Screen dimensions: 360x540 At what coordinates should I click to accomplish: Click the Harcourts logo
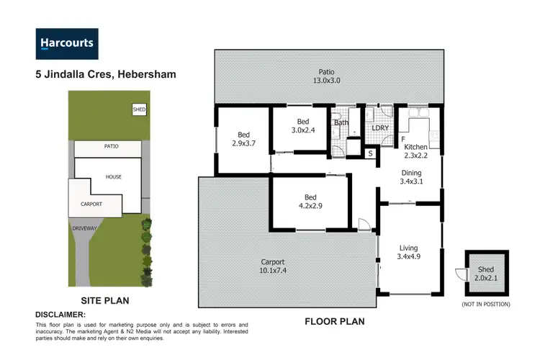(66, 43)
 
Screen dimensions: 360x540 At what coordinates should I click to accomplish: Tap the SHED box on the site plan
(139, 109)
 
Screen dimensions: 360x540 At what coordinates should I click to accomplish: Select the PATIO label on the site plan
(111, 146)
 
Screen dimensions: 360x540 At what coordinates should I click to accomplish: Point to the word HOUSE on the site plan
(113, 176)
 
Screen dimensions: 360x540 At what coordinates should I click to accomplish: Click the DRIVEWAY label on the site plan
(84, 228)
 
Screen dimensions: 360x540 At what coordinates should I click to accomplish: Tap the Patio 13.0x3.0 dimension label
(330, 76)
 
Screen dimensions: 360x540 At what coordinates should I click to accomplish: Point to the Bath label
(341, 122)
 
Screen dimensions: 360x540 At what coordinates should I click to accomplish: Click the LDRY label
(379, 128)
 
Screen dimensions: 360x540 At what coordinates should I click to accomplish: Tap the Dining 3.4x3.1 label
(411, 177)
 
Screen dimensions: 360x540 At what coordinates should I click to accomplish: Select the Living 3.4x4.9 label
(410, 253)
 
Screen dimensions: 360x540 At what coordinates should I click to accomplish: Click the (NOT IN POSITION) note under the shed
(486, 305)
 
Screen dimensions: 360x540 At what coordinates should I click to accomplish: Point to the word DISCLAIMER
(60, 315)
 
